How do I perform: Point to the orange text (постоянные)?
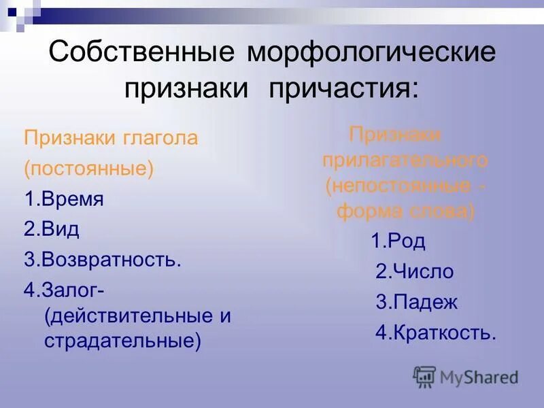coord(88,169)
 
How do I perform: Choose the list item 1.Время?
coord(64,199)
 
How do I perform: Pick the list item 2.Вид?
coord(52,230)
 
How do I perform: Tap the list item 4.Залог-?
coord(64,290)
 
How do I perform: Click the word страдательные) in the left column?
coord(123,340)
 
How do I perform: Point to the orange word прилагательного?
coord(405,160)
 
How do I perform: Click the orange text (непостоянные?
coord(397,186)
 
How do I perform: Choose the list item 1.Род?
coord(398,241)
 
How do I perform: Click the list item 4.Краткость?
coord(436,333)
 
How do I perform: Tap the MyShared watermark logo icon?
coord(424,376)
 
